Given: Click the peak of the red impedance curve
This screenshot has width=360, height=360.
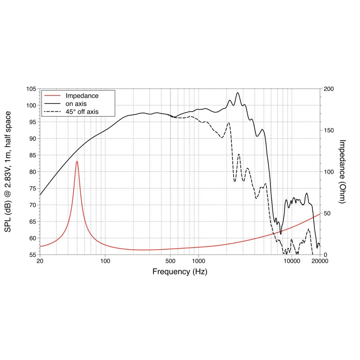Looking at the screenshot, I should click(77, 161).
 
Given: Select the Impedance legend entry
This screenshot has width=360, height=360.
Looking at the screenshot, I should click(81, 96).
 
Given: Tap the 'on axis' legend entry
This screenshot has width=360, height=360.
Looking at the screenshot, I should click(76, 103).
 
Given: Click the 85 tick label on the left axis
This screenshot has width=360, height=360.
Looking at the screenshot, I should click(32, 155).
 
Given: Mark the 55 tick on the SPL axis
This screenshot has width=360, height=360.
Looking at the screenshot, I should click(32, 255).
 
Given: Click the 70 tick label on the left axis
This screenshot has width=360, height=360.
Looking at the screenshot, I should click(32, 205).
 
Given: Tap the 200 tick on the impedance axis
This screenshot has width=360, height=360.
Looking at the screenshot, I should click(329, 89).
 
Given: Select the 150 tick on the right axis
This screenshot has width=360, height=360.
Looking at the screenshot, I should click(329, 130).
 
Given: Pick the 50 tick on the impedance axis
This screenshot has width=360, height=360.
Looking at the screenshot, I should click(327, 213).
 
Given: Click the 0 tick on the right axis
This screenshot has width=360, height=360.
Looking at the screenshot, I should click(325, 255).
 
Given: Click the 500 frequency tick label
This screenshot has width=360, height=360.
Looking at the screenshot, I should click(170, 261).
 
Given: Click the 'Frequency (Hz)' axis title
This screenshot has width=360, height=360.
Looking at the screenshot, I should click(180, 272).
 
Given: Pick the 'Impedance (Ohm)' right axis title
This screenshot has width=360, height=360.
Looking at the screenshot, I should click(342, 171).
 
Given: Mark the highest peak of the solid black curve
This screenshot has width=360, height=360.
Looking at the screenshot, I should click(238, 93).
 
